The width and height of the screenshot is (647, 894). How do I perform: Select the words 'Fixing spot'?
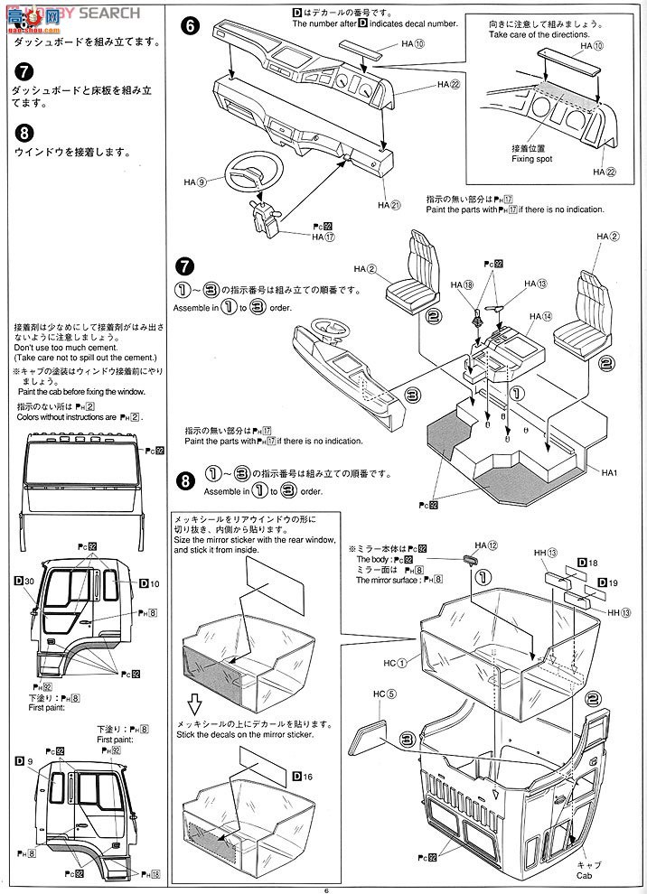pyautogui.click(x=531, y=159)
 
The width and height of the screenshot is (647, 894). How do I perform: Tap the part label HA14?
pyautogui.click(x=541, y=316)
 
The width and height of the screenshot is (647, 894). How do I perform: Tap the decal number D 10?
pyautogui.click(x=149, y=583)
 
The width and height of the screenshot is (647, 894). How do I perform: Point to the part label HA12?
pyautogui.click(x=487, y=546)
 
